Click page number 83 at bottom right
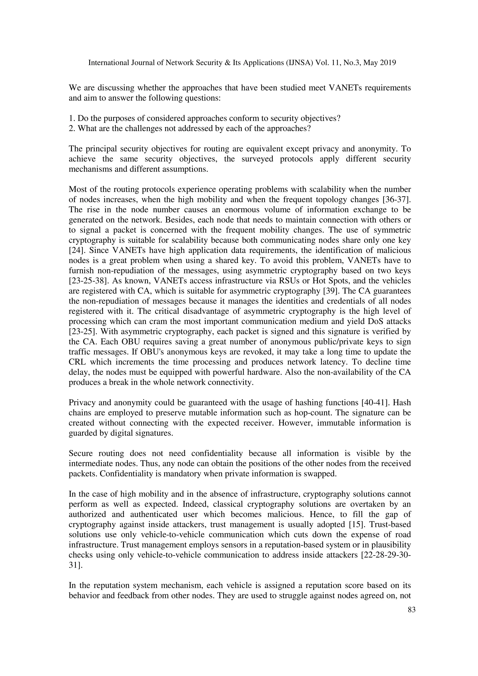(x=411, y=610)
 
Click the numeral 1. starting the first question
(x=72, y=118)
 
